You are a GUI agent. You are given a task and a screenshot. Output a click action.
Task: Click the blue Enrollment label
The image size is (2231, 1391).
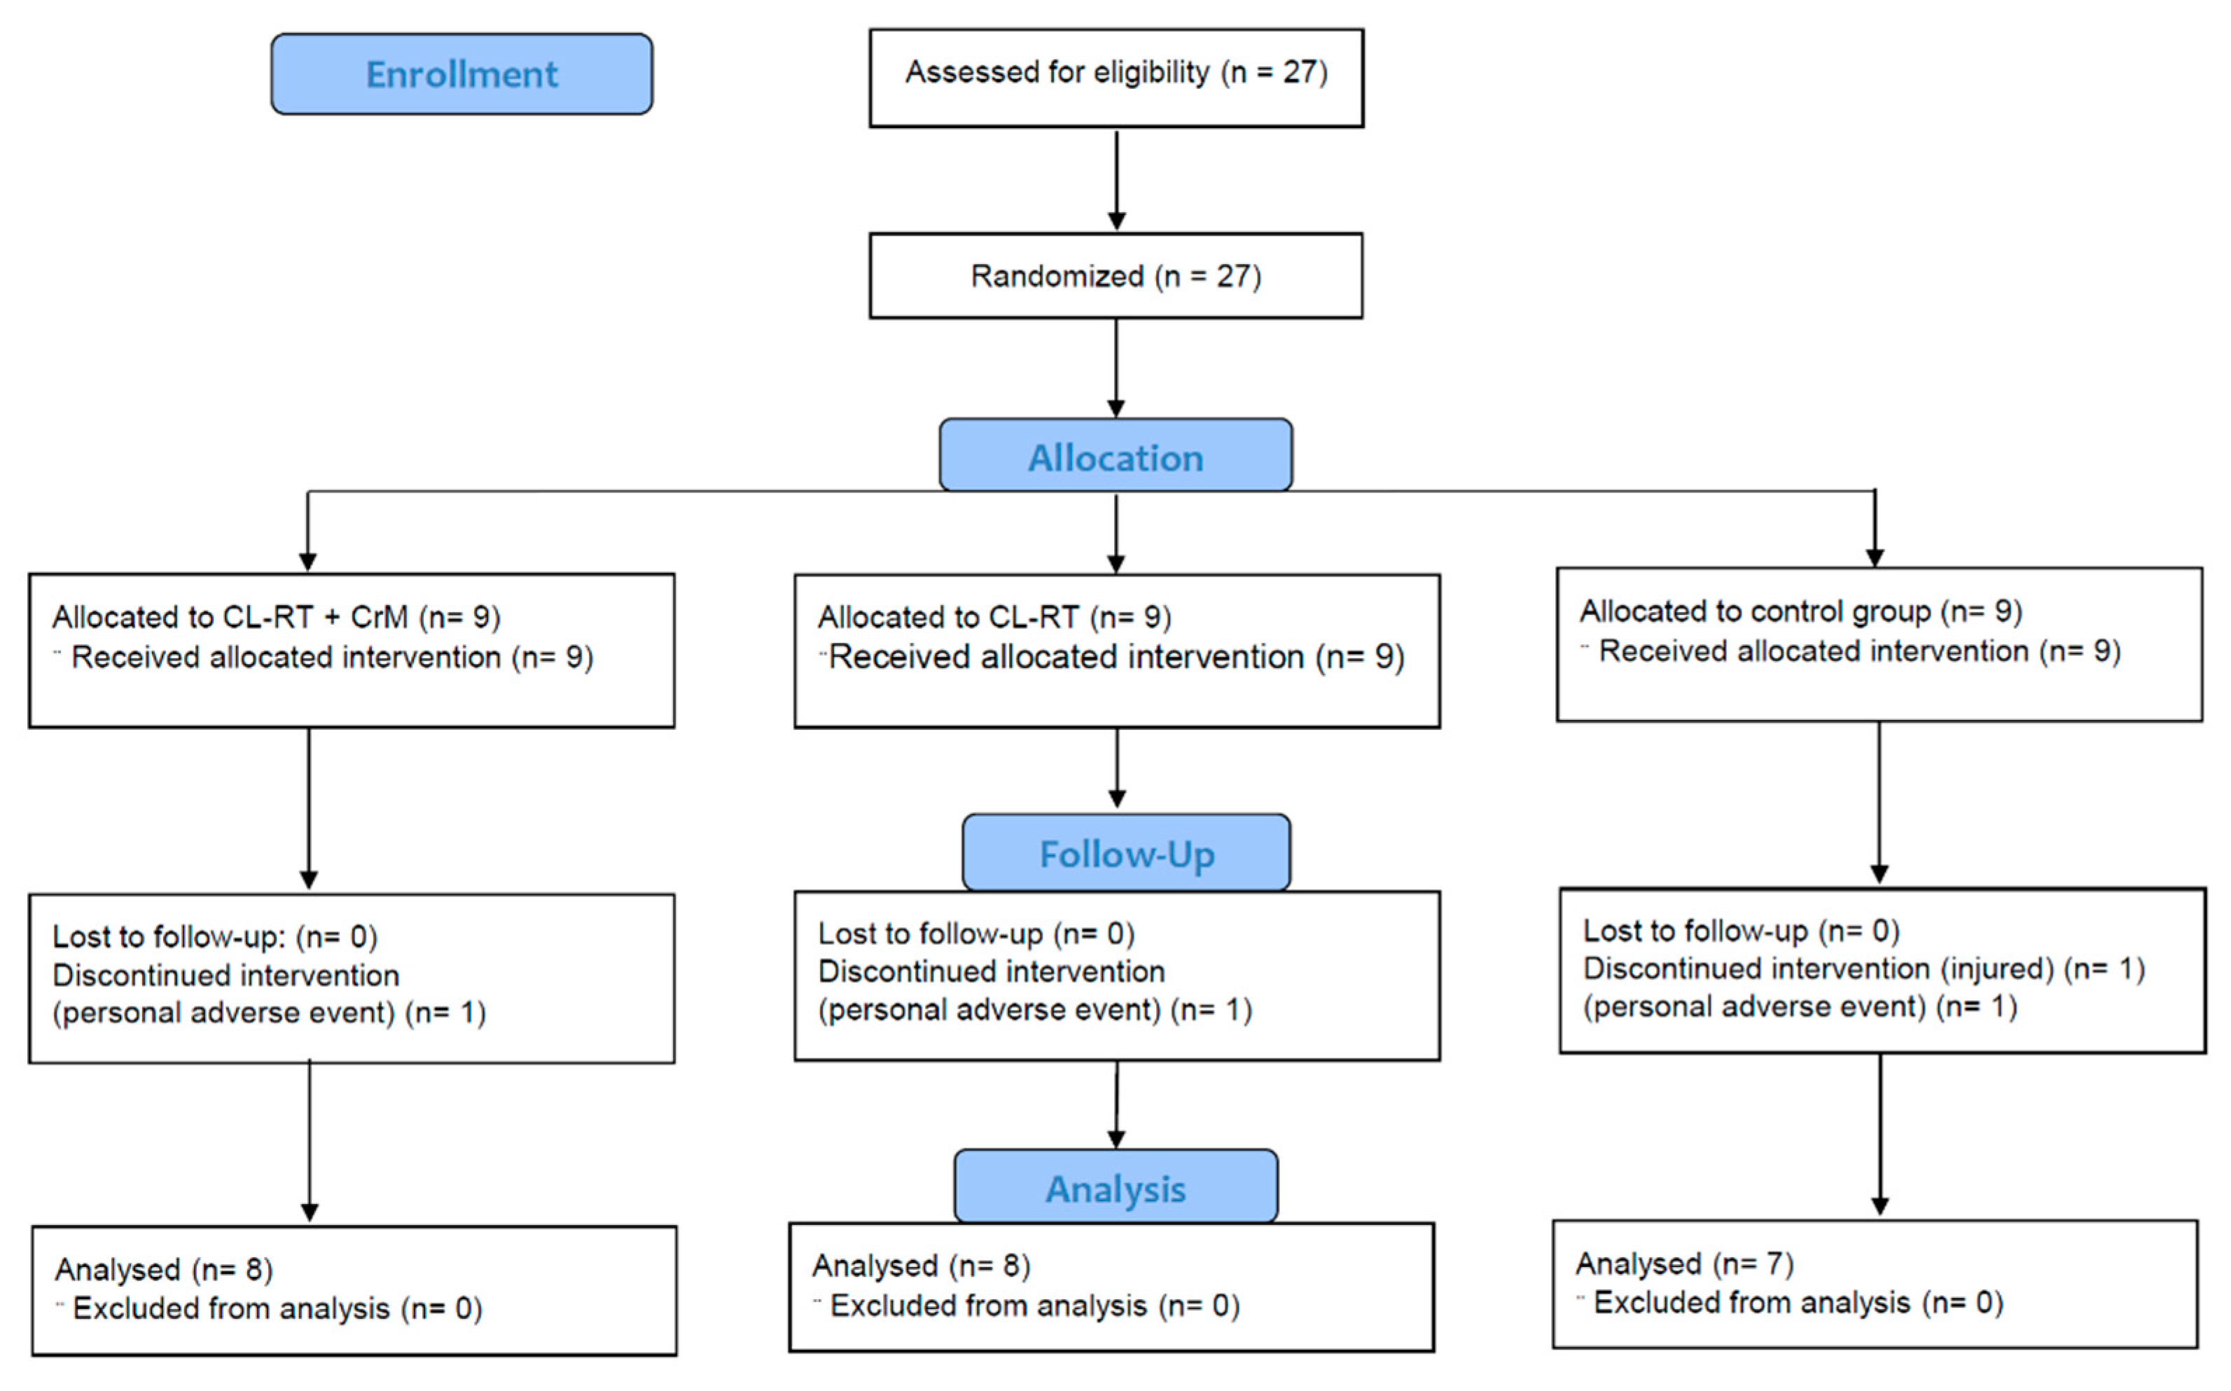point(461,74)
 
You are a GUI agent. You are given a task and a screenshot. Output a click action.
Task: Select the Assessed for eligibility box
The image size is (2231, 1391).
point(1115,78)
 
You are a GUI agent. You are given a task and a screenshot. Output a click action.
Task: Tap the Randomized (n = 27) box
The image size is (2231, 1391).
point(1115,276)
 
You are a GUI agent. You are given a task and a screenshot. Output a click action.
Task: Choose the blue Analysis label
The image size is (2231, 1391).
point(1115,1188)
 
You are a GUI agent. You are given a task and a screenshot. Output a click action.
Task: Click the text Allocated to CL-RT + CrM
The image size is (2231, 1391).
point(230,617)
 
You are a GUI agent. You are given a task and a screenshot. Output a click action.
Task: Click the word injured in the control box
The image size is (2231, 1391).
point(1996,969)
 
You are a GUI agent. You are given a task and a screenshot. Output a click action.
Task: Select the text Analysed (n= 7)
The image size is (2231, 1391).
point(1684,1264)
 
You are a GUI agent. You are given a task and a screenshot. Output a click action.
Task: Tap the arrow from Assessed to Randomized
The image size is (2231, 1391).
point(1116,179)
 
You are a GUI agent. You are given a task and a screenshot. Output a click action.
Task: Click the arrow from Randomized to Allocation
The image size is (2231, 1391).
point(1116,368)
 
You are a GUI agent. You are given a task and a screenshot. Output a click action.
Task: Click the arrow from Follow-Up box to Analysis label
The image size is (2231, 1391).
point(1116,1104)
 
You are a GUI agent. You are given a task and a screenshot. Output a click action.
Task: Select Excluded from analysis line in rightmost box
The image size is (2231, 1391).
point(1797,1303)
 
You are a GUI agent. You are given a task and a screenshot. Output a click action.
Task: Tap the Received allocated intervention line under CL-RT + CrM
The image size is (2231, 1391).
point(331,658)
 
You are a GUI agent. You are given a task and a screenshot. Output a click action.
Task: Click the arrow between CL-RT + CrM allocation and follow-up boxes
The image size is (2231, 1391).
point(309,810)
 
